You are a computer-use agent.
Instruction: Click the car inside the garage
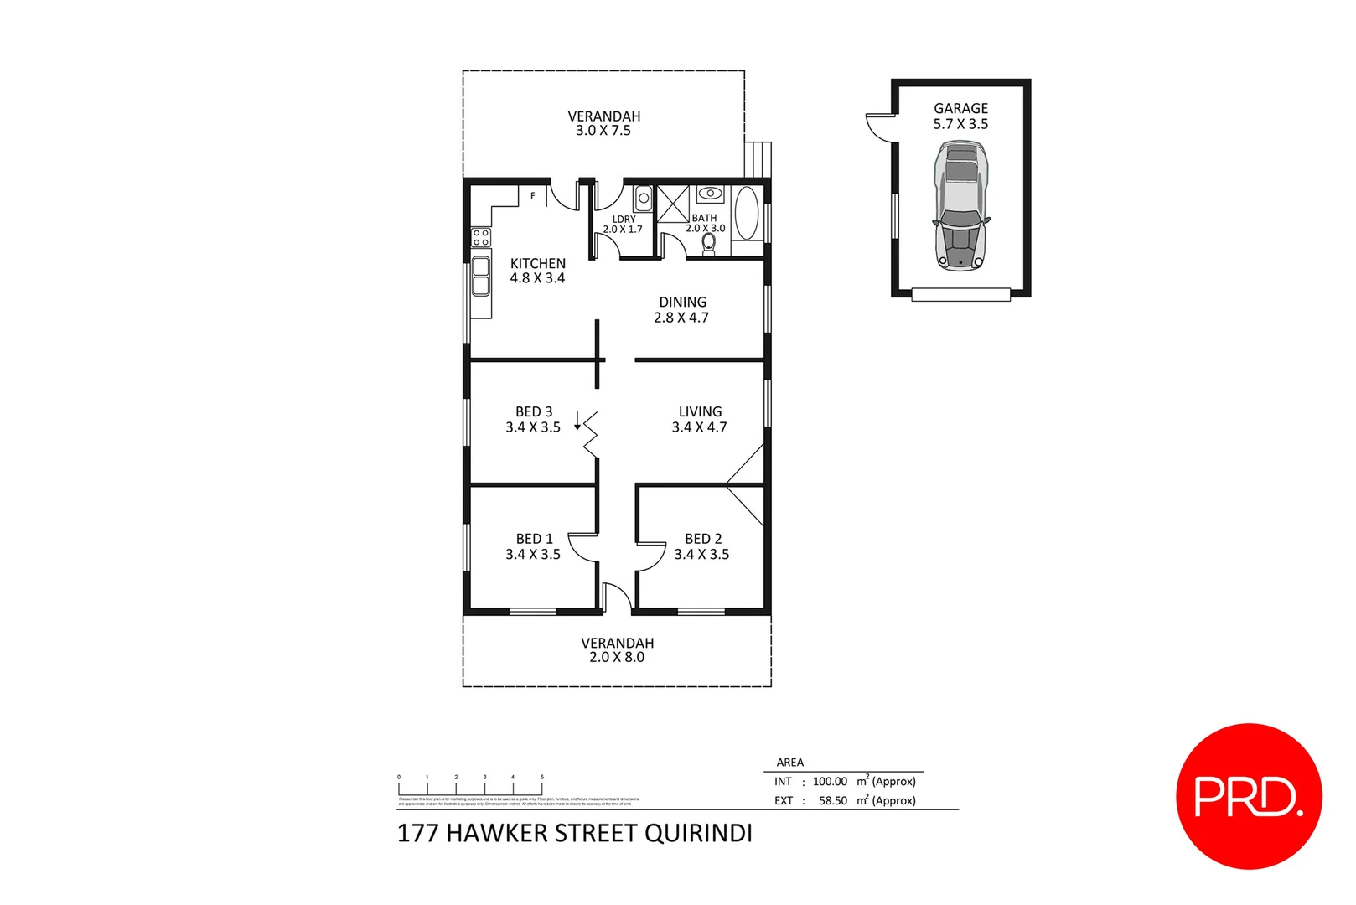coord(960,206)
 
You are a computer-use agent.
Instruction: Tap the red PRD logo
coord(1249,796)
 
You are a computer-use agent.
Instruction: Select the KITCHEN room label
coord(538,263)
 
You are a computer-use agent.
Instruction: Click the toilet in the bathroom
coord(709,243)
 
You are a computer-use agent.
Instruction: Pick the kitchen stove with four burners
coord(480,236)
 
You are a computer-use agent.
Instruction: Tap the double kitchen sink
coord(481,277)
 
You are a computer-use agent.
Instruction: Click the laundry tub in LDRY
coord(643,199)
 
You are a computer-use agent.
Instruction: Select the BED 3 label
coord(534,411)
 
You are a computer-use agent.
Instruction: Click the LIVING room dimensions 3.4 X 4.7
coord(699,427)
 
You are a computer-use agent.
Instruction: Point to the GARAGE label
coord(960,108)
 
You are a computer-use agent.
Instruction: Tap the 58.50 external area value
coord(832,800)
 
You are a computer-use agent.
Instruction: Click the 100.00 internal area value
coord(830,781)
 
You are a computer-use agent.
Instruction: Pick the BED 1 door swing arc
coord(582,546)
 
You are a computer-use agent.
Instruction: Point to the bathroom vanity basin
coord(710,194)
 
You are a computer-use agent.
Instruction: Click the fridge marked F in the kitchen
coord(533,196)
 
